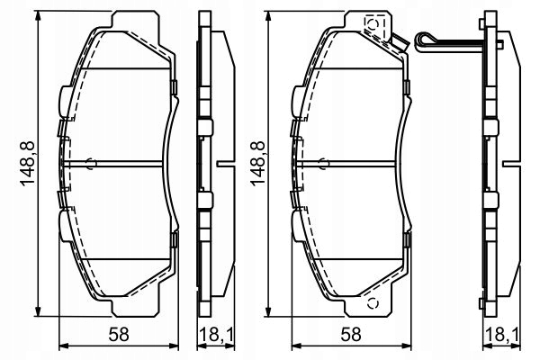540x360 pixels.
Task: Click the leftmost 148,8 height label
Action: [26, 163]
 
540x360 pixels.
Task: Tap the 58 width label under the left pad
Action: [116, 334]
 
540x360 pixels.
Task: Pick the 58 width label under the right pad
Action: [350, 334]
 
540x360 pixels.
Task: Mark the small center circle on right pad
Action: [322, 163]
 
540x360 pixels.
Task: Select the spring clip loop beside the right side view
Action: [426, 40]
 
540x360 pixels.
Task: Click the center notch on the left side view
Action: [222, 163]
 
